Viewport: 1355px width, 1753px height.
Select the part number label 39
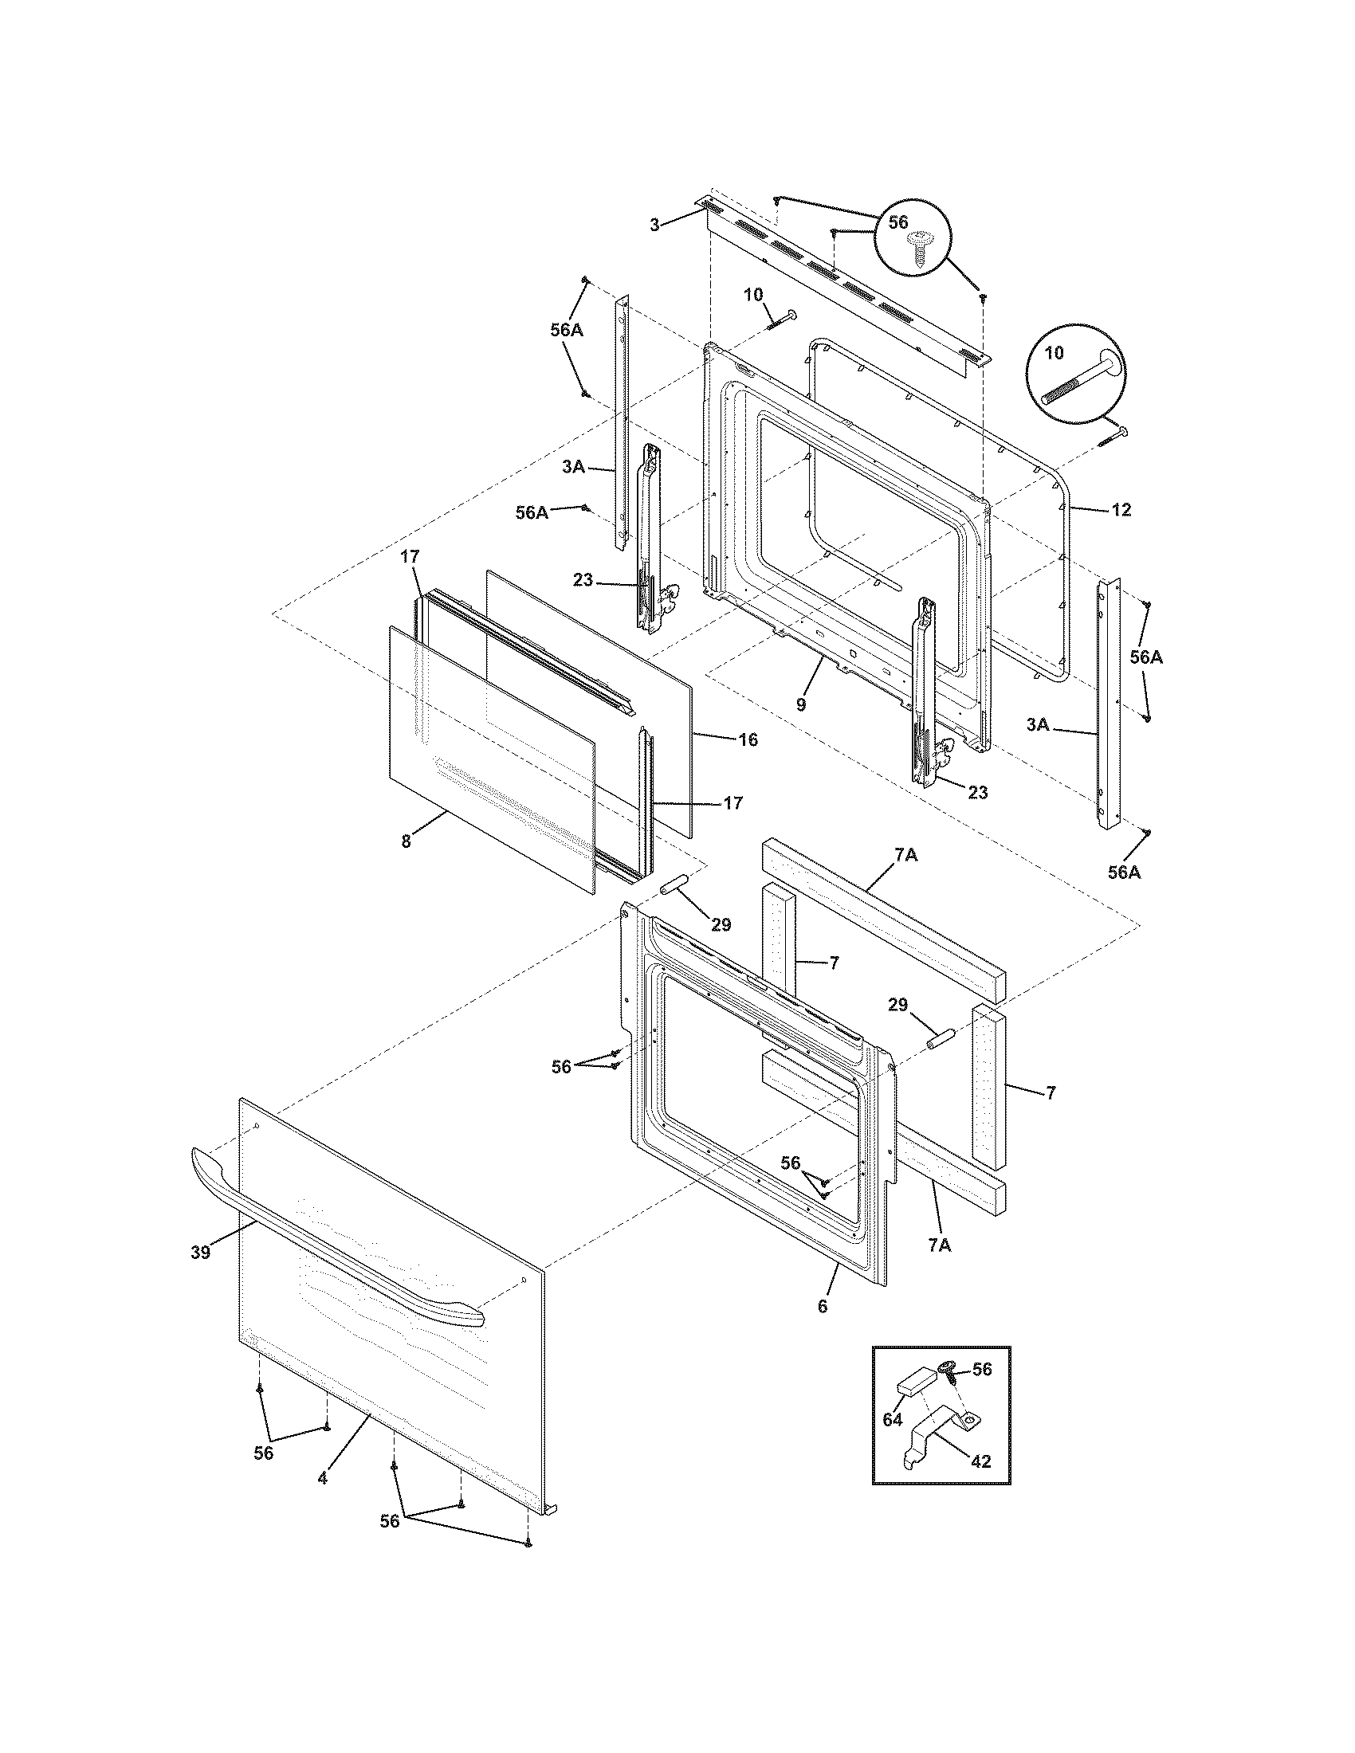tap(201, 1251)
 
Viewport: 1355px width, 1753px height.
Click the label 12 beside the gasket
tap(1121, 510)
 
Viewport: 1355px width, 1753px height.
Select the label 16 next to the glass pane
tap(748, 739)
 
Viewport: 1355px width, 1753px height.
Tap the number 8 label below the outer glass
tap(406, 842)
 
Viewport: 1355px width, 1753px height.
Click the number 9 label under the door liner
tap(801, 705)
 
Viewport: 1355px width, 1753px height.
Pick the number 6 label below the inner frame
tap(822, 1306)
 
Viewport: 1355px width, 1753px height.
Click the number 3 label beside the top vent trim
tap(655, 225)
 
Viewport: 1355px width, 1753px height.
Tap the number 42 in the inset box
tap(981, 1461)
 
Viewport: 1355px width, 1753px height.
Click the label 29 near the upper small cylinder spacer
tap(721, 924)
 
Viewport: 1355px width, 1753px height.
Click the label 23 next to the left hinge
tap(583, 579)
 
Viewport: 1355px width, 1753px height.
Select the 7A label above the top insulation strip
tap(905, 856)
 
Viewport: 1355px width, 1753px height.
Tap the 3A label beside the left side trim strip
tap(573, 467)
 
